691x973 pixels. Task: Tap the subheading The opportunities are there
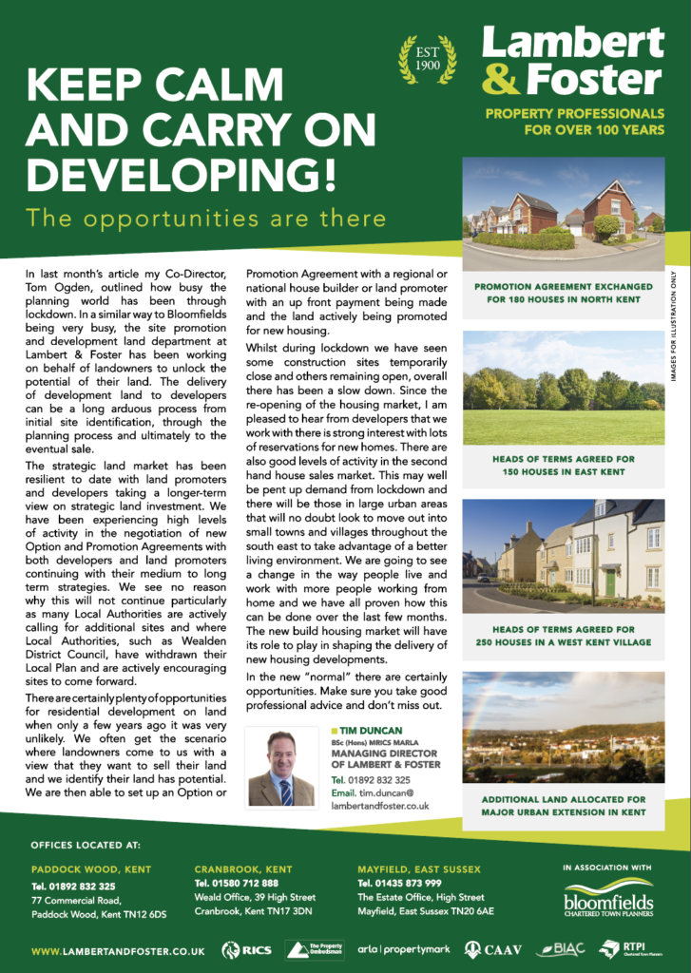click(x=206, y=218)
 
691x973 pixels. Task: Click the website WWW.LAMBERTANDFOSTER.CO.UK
click(x=118, y=949)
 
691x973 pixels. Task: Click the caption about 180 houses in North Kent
click(x=564, y=292)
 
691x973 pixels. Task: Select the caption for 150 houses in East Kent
click(x=564, y=465)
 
